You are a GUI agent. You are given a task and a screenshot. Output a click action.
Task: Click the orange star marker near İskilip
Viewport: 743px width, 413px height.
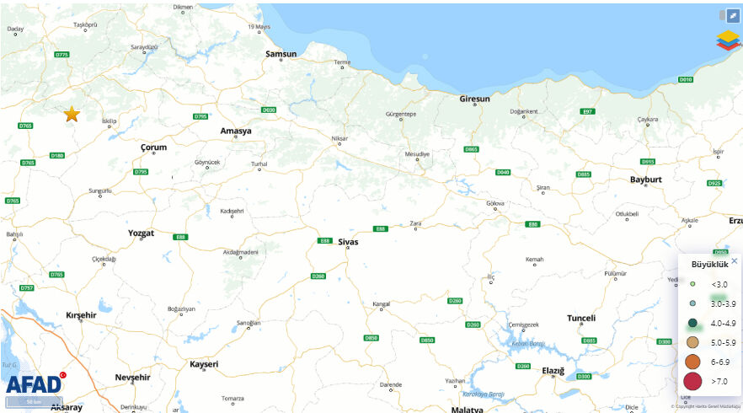click(x=72, y=114)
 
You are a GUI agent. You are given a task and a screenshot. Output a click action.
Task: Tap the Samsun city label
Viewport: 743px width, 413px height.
click(x=281, y=54)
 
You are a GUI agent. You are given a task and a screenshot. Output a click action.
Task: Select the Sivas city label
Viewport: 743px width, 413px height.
click(x=347, y=242)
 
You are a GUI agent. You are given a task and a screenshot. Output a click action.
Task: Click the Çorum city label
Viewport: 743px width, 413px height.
click(x=153, y=147)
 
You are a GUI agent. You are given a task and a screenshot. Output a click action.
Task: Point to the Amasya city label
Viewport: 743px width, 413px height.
click(x=236, y=131)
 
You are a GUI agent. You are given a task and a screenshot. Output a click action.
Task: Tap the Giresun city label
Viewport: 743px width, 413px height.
click(x=474, y=99)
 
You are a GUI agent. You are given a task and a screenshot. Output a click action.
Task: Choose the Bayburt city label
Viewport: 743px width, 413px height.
click(x=646, y=180)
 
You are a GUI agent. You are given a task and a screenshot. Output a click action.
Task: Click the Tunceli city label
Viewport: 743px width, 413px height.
click(x=581, y=318)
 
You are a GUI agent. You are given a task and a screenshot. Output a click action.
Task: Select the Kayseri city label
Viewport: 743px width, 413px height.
click(x=204, y=364)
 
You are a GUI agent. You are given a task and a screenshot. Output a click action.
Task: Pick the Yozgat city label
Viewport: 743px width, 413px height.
click(x=141, y=232)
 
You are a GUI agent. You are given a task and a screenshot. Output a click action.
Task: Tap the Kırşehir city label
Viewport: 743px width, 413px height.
click(x=82, y=314)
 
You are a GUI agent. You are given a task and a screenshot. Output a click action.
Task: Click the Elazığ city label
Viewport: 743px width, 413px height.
click(x=553, y=371)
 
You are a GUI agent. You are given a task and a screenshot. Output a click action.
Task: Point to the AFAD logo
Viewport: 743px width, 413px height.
click(x=34, y=385)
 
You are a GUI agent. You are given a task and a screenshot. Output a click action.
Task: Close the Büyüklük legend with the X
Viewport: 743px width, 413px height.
click(x=734, y=261)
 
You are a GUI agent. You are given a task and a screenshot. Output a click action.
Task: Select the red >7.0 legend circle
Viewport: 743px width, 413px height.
click(x=692, y=382)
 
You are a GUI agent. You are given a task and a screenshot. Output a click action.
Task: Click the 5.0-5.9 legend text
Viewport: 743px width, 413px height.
click(x=723, y=342)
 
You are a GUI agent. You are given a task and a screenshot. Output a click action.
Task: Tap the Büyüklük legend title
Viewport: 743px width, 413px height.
click(x=709, y=264)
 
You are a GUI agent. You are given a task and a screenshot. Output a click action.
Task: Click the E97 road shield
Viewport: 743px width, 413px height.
click(x=588, y=111)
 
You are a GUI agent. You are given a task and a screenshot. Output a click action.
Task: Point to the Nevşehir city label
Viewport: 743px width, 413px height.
click(x=137, y=377)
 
